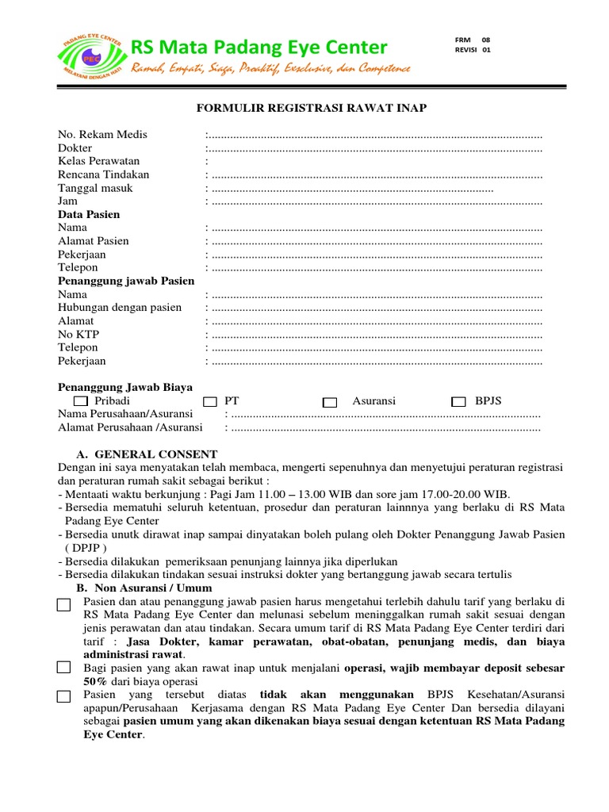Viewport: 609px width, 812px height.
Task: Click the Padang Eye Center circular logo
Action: (x=92, y=58)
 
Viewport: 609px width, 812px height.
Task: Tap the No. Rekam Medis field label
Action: (x=102, y=135)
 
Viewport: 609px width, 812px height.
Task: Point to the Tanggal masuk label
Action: (x=95, y=188)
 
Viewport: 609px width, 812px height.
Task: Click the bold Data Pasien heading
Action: (x=89, y=215)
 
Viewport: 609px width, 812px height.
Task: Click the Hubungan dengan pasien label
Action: (x=120, y=308)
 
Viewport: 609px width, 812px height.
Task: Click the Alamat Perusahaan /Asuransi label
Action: (x=130, y=427)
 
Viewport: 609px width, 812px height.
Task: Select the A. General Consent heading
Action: (x=147, y=454)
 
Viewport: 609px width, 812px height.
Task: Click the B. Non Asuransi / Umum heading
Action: (x=144, y=588)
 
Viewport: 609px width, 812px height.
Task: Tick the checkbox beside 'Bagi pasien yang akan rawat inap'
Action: (x=64, y=668)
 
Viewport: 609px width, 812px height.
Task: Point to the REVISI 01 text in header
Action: (x=473, y=49)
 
